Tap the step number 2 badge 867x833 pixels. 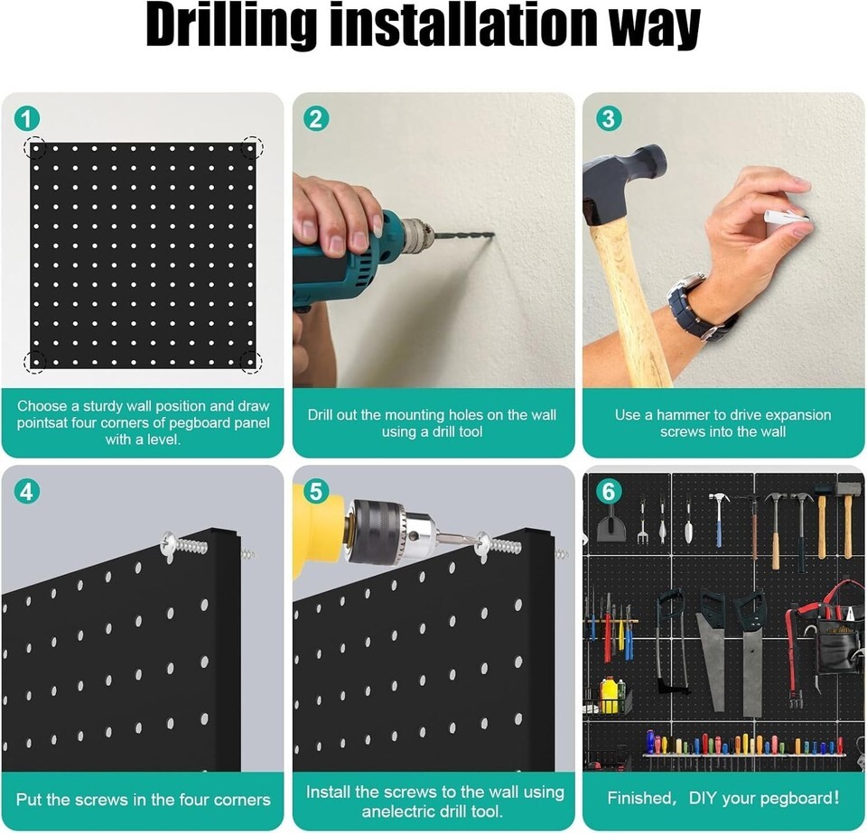[x=316, y=119]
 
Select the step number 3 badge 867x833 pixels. [x=609, y=119]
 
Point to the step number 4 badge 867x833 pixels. [x=27, y=491]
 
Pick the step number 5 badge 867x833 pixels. [x=316, y=491]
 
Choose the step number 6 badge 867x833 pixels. [x=609, y=491]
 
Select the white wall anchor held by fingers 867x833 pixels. [x=788, y=216]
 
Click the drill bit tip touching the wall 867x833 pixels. [x=492, y=236]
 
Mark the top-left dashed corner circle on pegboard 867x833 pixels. [x=34, y=147]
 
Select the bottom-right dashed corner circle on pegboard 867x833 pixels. [x=252, y=361]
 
